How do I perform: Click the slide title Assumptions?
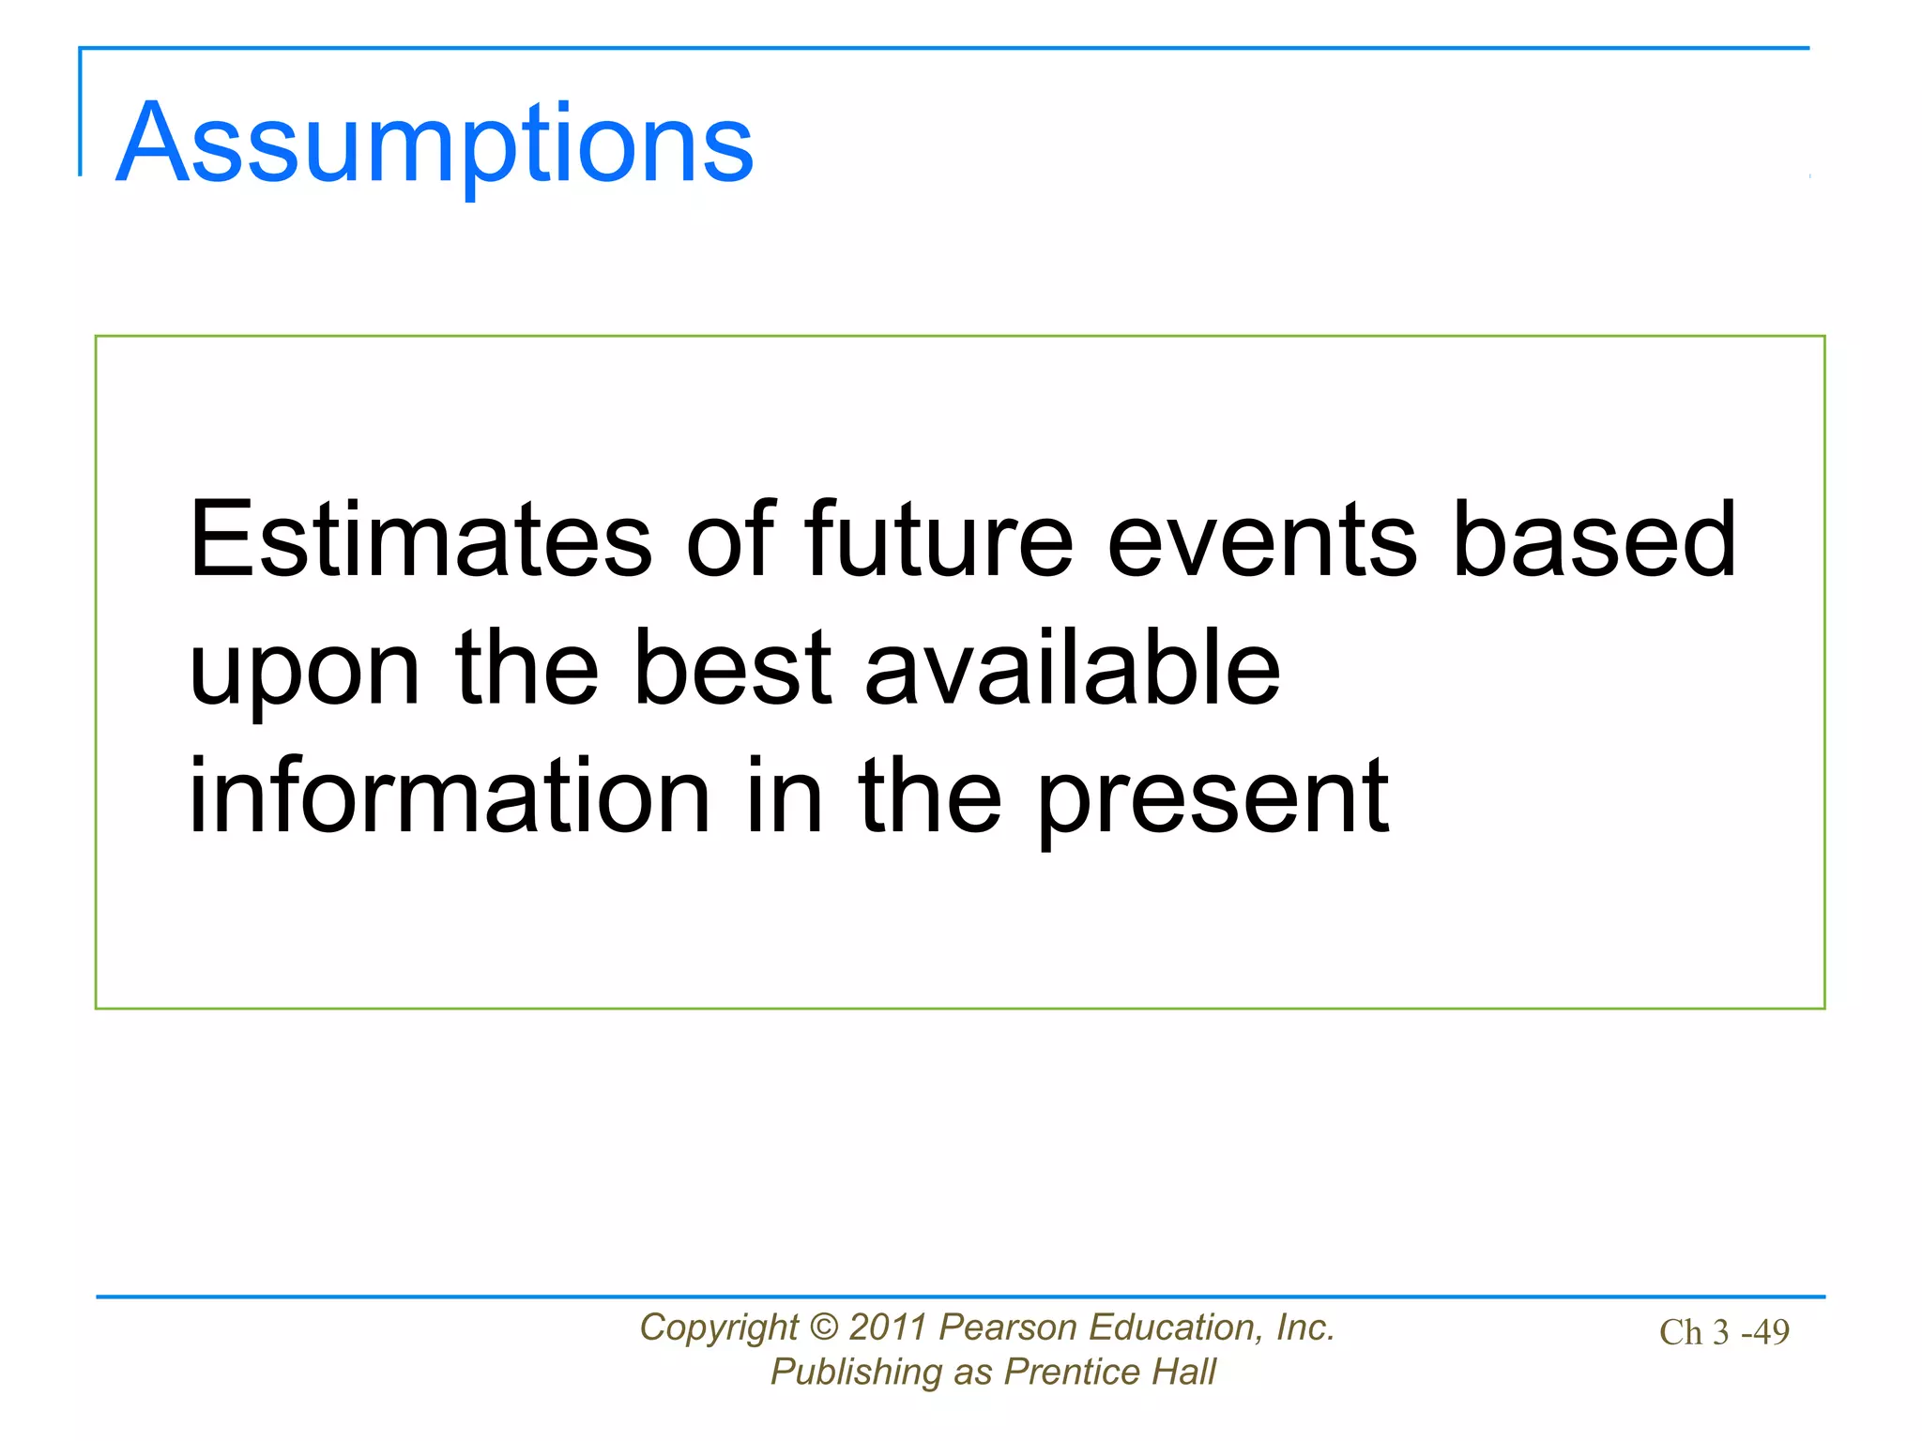[x=434, y=143]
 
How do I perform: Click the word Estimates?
[x=419, y=539]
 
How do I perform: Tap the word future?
[x=938, y=539]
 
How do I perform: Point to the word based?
[x=1594, y=539]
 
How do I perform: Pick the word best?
[x=732, y=668]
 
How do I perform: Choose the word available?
[x=1072, y=668]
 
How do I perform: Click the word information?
[x=449, y=796]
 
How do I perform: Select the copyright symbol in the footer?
[x=823, y=1327]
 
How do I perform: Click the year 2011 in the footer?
[x=888, y=1327]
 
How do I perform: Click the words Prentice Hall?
[x=1109, y=1372]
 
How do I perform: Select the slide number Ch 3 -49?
[x=1724, y=1332]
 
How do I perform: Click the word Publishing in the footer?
[x=856, y=1373]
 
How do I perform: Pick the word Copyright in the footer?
[x=718, y=1328]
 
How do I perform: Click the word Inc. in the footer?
[x=1305, y=1327]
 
